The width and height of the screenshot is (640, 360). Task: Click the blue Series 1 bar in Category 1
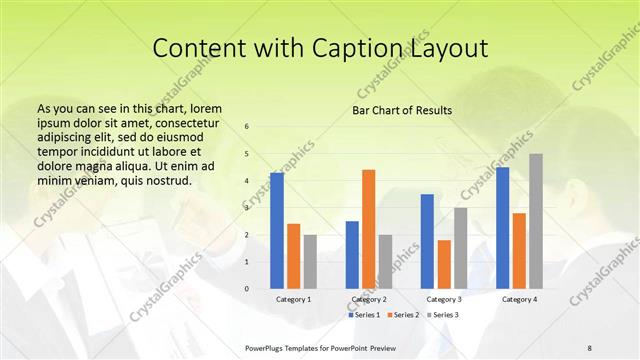click(x=277, y=230)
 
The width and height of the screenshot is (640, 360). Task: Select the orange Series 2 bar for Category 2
click(x=369, y=229)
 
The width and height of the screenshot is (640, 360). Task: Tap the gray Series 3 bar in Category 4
click(x=536, y=221)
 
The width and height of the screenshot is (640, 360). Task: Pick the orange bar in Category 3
click(x=444, y=264)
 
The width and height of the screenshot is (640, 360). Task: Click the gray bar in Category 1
click(x=310, y=262)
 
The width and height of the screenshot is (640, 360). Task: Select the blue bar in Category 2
click(x=352, y=255)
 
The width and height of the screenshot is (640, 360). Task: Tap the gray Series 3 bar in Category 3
click(x=460, y=248)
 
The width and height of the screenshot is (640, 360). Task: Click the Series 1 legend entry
click(x=364, y=315)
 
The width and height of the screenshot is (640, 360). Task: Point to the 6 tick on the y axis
click(x=247, y=127)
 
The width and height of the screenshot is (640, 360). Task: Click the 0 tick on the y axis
click(x=247, y=289)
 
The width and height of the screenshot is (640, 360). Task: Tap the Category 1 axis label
click(x=294, y=299)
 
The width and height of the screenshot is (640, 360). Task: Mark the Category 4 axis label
click(x=519, y=299)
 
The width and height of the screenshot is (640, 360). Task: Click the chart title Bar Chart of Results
click(x=402, y=110)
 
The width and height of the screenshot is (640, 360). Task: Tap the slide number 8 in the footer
click(x=590, y=347)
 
